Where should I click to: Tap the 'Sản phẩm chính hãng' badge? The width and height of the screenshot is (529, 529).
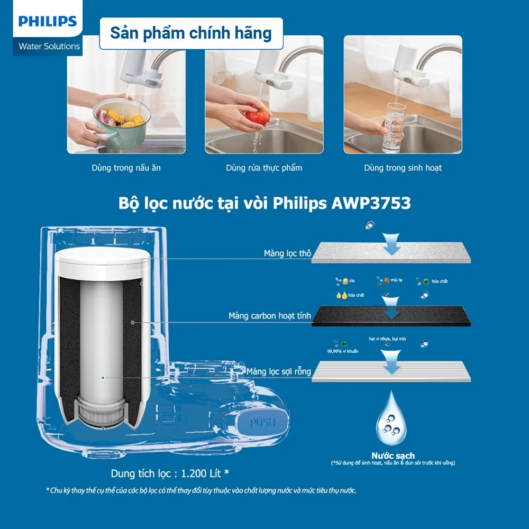pyautogui.click(x=190, y=33)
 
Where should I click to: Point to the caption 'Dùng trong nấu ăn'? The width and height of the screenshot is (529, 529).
pyautogui.click(x=125, y=168)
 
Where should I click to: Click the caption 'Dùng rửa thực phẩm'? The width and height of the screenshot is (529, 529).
pyautogui.click(x=264, y=168)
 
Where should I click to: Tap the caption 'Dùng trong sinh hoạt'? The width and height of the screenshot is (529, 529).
pyautogui.click(x=403, y=168)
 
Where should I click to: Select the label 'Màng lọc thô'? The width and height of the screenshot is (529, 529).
pyautogui.click(x=287, y=253)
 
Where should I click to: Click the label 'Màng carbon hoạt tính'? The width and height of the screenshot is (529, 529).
pyautogui.click(x=267, y=316)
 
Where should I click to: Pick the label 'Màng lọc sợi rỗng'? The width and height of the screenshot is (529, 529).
pyautogui.click(x=279, y=371)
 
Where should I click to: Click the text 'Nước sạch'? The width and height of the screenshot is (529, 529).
pyautogui.click(x=393, y=455)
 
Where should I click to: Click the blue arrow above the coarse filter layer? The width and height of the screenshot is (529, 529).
pyautogui.click(x=391, y=243)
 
